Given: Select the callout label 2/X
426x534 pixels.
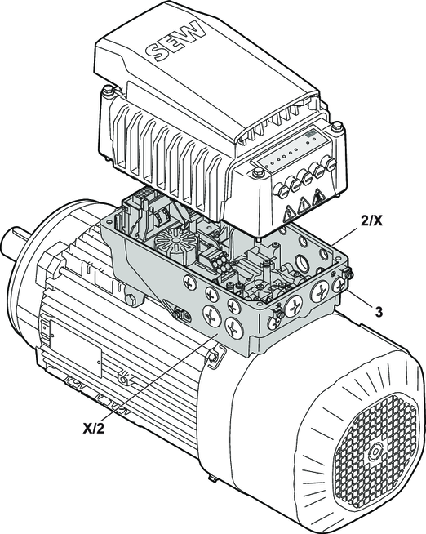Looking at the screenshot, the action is pos(371,221).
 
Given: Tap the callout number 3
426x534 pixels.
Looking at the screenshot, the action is pos(378,312).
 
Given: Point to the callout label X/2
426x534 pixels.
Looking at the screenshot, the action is pos(93,428).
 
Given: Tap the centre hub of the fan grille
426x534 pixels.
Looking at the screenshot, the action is pos(375,453).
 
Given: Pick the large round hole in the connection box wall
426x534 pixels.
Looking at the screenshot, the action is pos(301,261).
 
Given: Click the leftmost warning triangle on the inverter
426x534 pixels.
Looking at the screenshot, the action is pos(289,214).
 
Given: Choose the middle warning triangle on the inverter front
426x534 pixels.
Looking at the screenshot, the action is pos(303,206).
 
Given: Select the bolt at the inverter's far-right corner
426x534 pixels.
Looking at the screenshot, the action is pos(337,126).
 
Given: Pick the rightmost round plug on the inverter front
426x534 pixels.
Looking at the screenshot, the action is pos(331,163).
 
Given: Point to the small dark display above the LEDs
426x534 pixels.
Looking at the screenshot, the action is pos(309,134).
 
